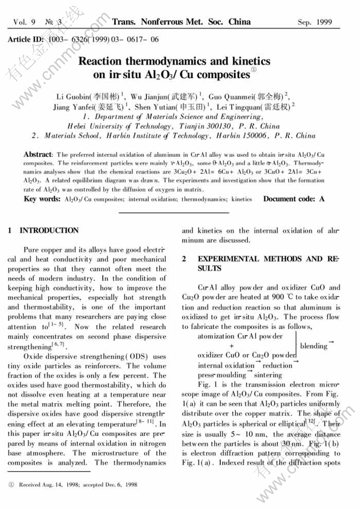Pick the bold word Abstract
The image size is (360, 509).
[x=37, y=154]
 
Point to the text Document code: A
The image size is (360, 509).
[x=294, y=199]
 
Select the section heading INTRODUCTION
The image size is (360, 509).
[x=49, y=231]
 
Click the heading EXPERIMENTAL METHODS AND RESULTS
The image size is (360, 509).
[x=258, y=263]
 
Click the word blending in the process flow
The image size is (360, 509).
[x=313, y=346]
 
